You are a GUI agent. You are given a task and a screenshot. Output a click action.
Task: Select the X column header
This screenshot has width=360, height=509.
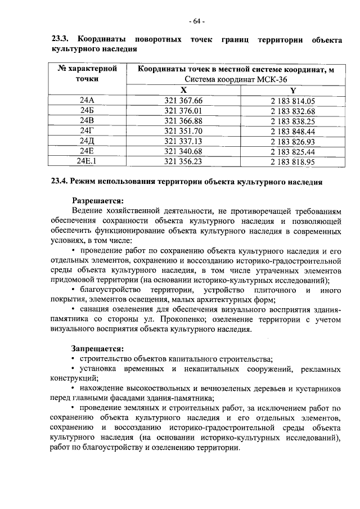[x=183, y=90]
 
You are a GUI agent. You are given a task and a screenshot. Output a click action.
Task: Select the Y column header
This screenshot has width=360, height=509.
[x=292, y=90]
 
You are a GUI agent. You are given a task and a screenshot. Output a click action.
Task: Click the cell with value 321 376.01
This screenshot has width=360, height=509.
[x=183, y=111]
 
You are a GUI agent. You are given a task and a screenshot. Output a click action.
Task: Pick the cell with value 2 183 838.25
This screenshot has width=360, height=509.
[x=292, y=121]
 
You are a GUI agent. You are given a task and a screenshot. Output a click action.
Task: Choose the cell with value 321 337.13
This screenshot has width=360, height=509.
[x=183, y=141]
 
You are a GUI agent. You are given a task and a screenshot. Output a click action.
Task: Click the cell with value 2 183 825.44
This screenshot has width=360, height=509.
[x=292, y=151]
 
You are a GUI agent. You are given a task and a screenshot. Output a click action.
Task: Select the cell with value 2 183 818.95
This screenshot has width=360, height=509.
[x=292, y=161]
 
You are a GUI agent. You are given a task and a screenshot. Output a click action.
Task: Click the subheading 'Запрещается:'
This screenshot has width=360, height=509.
[x=97, y=349]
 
